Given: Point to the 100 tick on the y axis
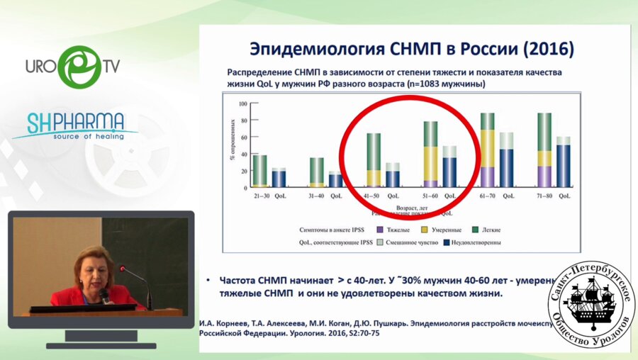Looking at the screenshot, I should (242, 103).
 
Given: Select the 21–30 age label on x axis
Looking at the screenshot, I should (259, 194).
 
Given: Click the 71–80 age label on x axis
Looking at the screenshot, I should (544, 194).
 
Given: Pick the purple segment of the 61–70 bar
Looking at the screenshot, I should (488, 177).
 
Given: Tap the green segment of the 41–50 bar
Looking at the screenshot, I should (374, 151).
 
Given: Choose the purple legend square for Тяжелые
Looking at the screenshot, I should (379, 230).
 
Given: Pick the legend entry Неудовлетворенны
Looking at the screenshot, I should (474, 242).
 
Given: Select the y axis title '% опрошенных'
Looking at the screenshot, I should (233, 145).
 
